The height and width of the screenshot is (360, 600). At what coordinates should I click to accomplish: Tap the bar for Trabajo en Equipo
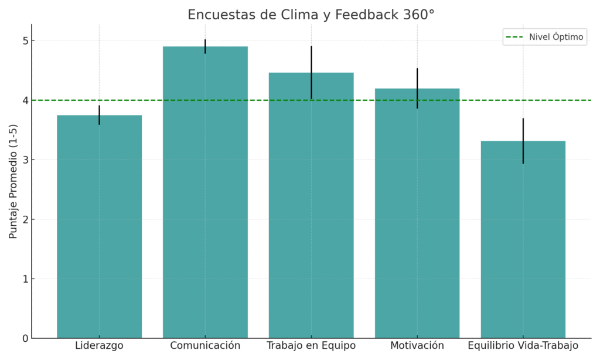[x=311, y=205]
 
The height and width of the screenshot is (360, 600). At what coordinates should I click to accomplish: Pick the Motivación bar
[x=417, y=213]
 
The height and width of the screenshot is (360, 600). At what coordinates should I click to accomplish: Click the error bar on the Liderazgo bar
[x=99, y=115]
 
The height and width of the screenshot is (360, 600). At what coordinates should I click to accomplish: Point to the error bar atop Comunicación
[x=205, y=46]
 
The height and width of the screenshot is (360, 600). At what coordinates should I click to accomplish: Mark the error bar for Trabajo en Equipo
[x=311, y=72]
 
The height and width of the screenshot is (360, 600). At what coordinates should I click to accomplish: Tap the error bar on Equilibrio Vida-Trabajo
[x=523, y=141]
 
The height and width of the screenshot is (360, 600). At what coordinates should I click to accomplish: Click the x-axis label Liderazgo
[x=99, y=346]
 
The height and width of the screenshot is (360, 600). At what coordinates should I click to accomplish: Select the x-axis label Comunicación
[x=205, y=346]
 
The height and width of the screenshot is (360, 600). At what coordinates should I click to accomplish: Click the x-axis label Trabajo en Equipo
[x=311, y=346]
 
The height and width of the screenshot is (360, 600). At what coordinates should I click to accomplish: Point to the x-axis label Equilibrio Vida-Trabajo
[x=523, y=346]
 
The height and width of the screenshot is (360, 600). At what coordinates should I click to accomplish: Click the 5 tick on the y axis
[x=25, y=41]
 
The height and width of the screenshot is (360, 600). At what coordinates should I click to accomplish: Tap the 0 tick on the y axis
[x=25, y=338]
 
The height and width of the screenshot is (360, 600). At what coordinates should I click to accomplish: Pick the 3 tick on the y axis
[x=25, y=160]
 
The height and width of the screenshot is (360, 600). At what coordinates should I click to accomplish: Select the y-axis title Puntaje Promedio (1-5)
[x=13, y=181]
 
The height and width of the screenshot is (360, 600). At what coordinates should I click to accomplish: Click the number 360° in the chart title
[x=418, y=15]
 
